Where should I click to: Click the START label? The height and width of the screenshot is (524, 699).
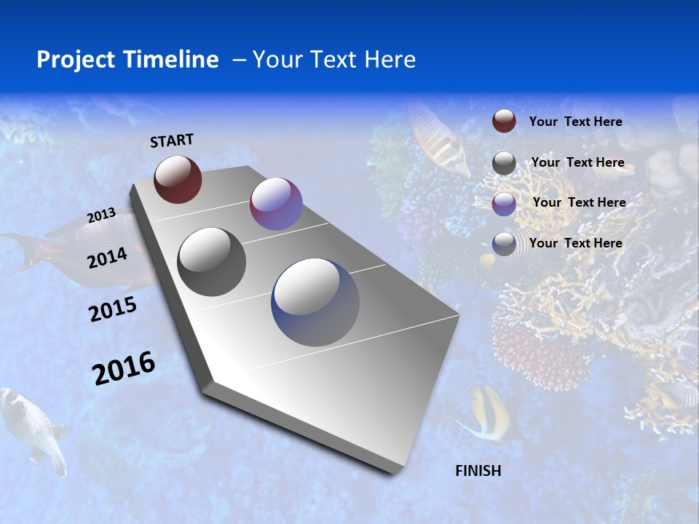click(x=172, y=140)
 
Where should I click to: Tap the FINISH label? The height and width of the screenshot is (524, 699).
click(x=478, y=471)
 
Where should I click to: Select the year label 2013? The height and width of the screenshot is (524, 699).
click(x=101, y=215)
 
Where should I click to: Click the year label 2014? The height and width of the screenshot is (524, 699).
click(x=108, y=258)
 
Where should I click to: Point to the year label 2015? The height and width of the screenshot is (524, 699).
click(x=113, y=309)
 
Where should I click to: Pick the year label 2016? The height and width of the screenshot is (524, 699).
click(x=124, y=368)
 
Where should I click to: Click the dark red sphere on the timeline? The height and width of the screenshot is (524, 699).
click(x=178, y=179)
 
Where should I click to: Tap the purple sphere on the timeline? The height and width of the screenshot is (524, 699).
click(x=276, y=204)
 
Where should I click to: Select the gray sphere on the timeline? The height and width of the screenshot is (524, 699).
click(x=212, y=262)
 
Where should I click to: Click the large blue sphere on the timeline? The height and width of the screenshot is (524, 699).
click(x=315, y=302)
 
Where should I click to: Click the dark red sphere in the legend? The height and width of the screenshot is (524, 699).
click(x=504, y=121)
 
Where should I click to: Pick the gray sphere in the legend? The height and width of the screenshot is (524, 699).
click(x=504, y=163)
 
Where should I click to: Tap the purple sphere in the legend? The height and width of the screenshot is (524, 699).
click(x=504, y=203)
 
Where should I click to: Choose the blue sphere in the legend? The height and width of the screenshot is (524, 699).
click(x=504, y=243)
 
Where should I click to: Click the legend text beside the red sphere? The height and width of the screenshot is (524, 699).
click(x=575, y=122)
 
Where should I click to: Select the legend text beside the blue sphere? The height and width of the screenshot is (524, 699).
click(x=575, y=243)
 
